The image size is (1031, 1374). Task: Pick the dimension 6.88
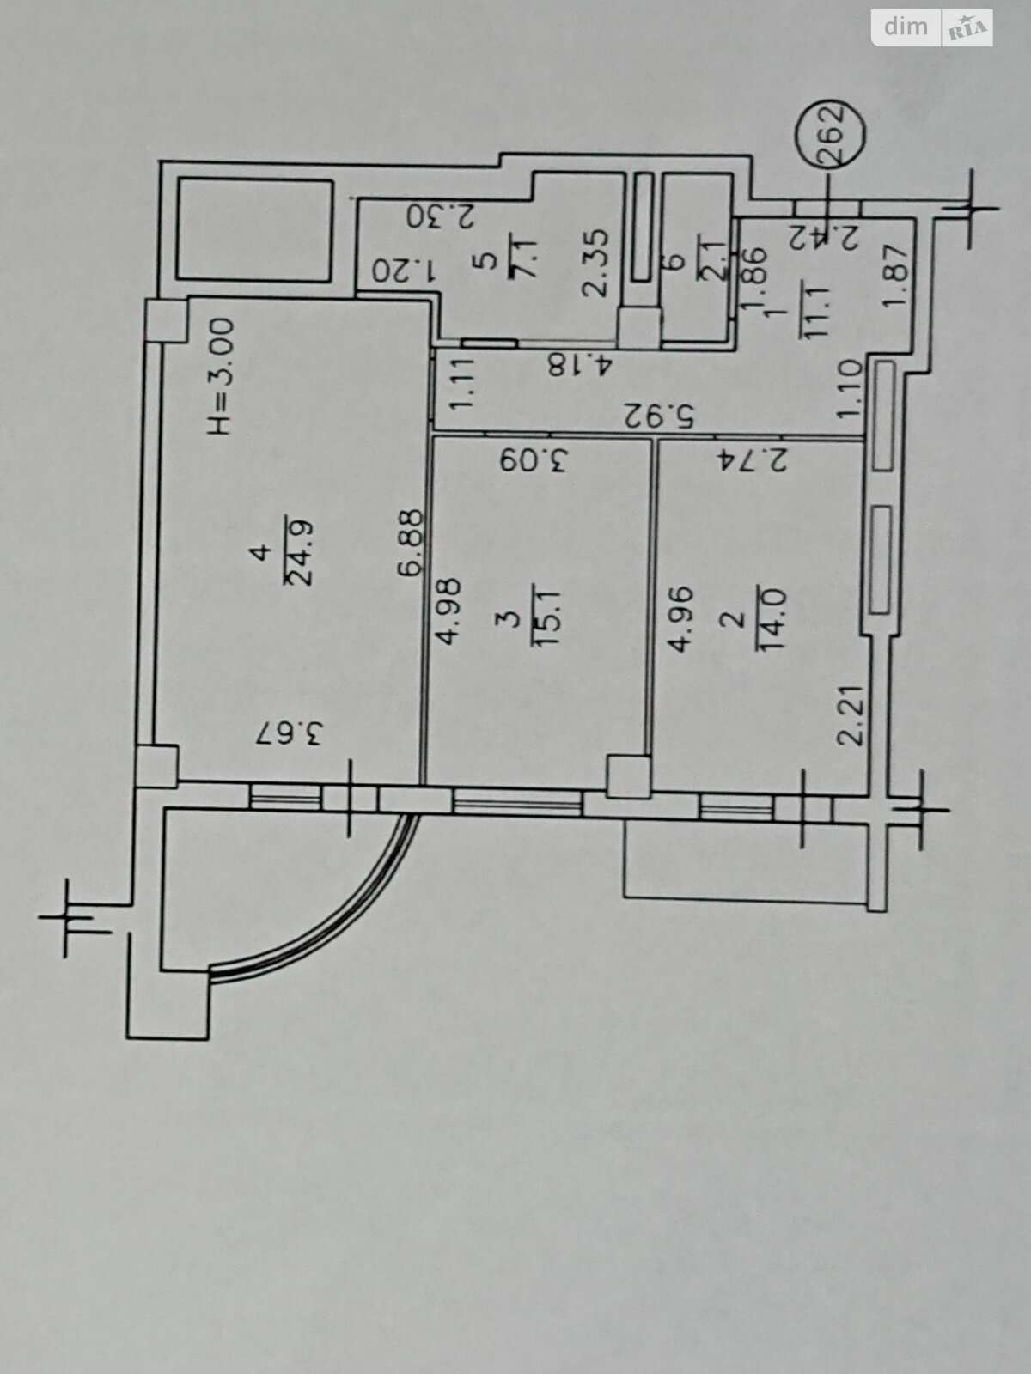point(410,543)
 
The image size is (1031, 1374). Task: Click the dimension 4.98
point(448,611)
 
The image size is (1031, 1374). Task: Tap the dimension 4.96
point(680,618)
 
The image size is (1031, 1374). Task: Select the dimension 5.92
point(658,416)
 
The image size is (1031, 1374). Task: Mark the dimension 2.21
point(851,714)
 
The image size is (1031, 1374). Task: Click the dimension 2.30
point(441,216)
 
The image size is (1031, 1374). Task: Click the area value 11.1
point(814,312)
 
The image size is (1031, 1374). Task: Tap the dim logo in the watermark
point(906,27)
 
